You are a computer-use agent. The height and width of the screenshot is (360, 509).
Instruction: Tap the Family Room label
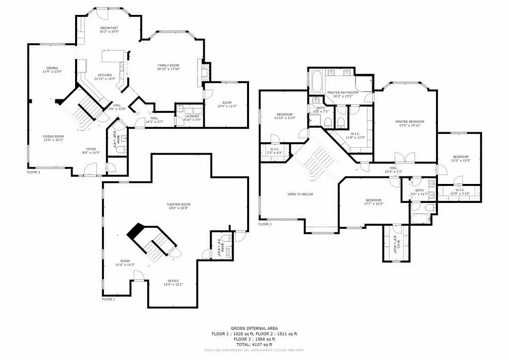pos(169,66)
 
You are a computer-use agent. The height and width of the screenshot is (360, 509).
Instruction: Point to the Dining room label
pos(52,68)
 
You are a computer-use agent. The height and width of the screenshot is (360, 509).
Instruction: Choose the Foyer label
pos(91,149)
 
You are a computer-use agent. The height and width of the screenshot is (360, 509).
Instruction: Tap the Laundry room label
pos(192,116)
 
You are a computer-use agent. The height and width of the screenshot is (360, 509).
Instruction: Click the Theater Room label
pos(178,204)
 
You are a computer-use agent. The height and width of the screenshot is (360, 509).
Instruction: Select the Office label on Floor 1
pos(173,281)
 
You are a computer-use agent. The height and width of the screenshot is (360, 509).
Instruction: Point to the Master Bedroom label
pos(410,122)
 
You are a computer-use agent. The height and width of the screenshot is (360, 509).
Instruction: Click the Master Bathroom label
pos(342,92)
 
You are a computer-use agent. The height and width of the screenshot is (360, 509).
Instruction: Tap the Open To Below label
pos(300,194)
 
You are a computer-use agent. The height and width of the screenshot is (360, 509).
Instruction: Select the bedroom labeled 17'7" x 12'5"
pos(373,200)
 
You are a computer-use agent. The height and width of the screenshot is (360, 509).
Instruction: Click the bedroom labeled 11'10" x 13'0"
pos(285,114)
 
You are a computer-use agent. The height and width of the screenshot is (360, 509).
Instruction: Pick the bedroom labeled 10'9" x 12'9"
pos(460,157)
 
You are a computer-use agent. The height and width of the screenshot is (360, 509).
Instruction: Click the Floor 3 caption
pos(265,224)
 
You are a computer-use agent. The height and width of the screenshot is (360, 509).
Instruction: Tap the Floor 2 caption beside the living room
pos(33,172)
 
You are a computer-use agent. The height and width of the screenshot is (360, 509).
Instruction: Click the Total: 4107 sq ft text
pos(254,345)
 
